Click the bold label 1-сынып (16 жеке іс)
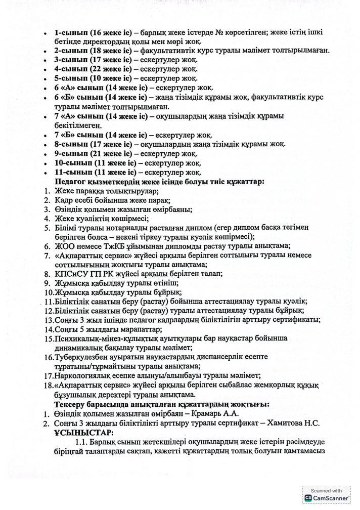pos(94,32)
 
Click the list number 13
pos(48,320)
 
